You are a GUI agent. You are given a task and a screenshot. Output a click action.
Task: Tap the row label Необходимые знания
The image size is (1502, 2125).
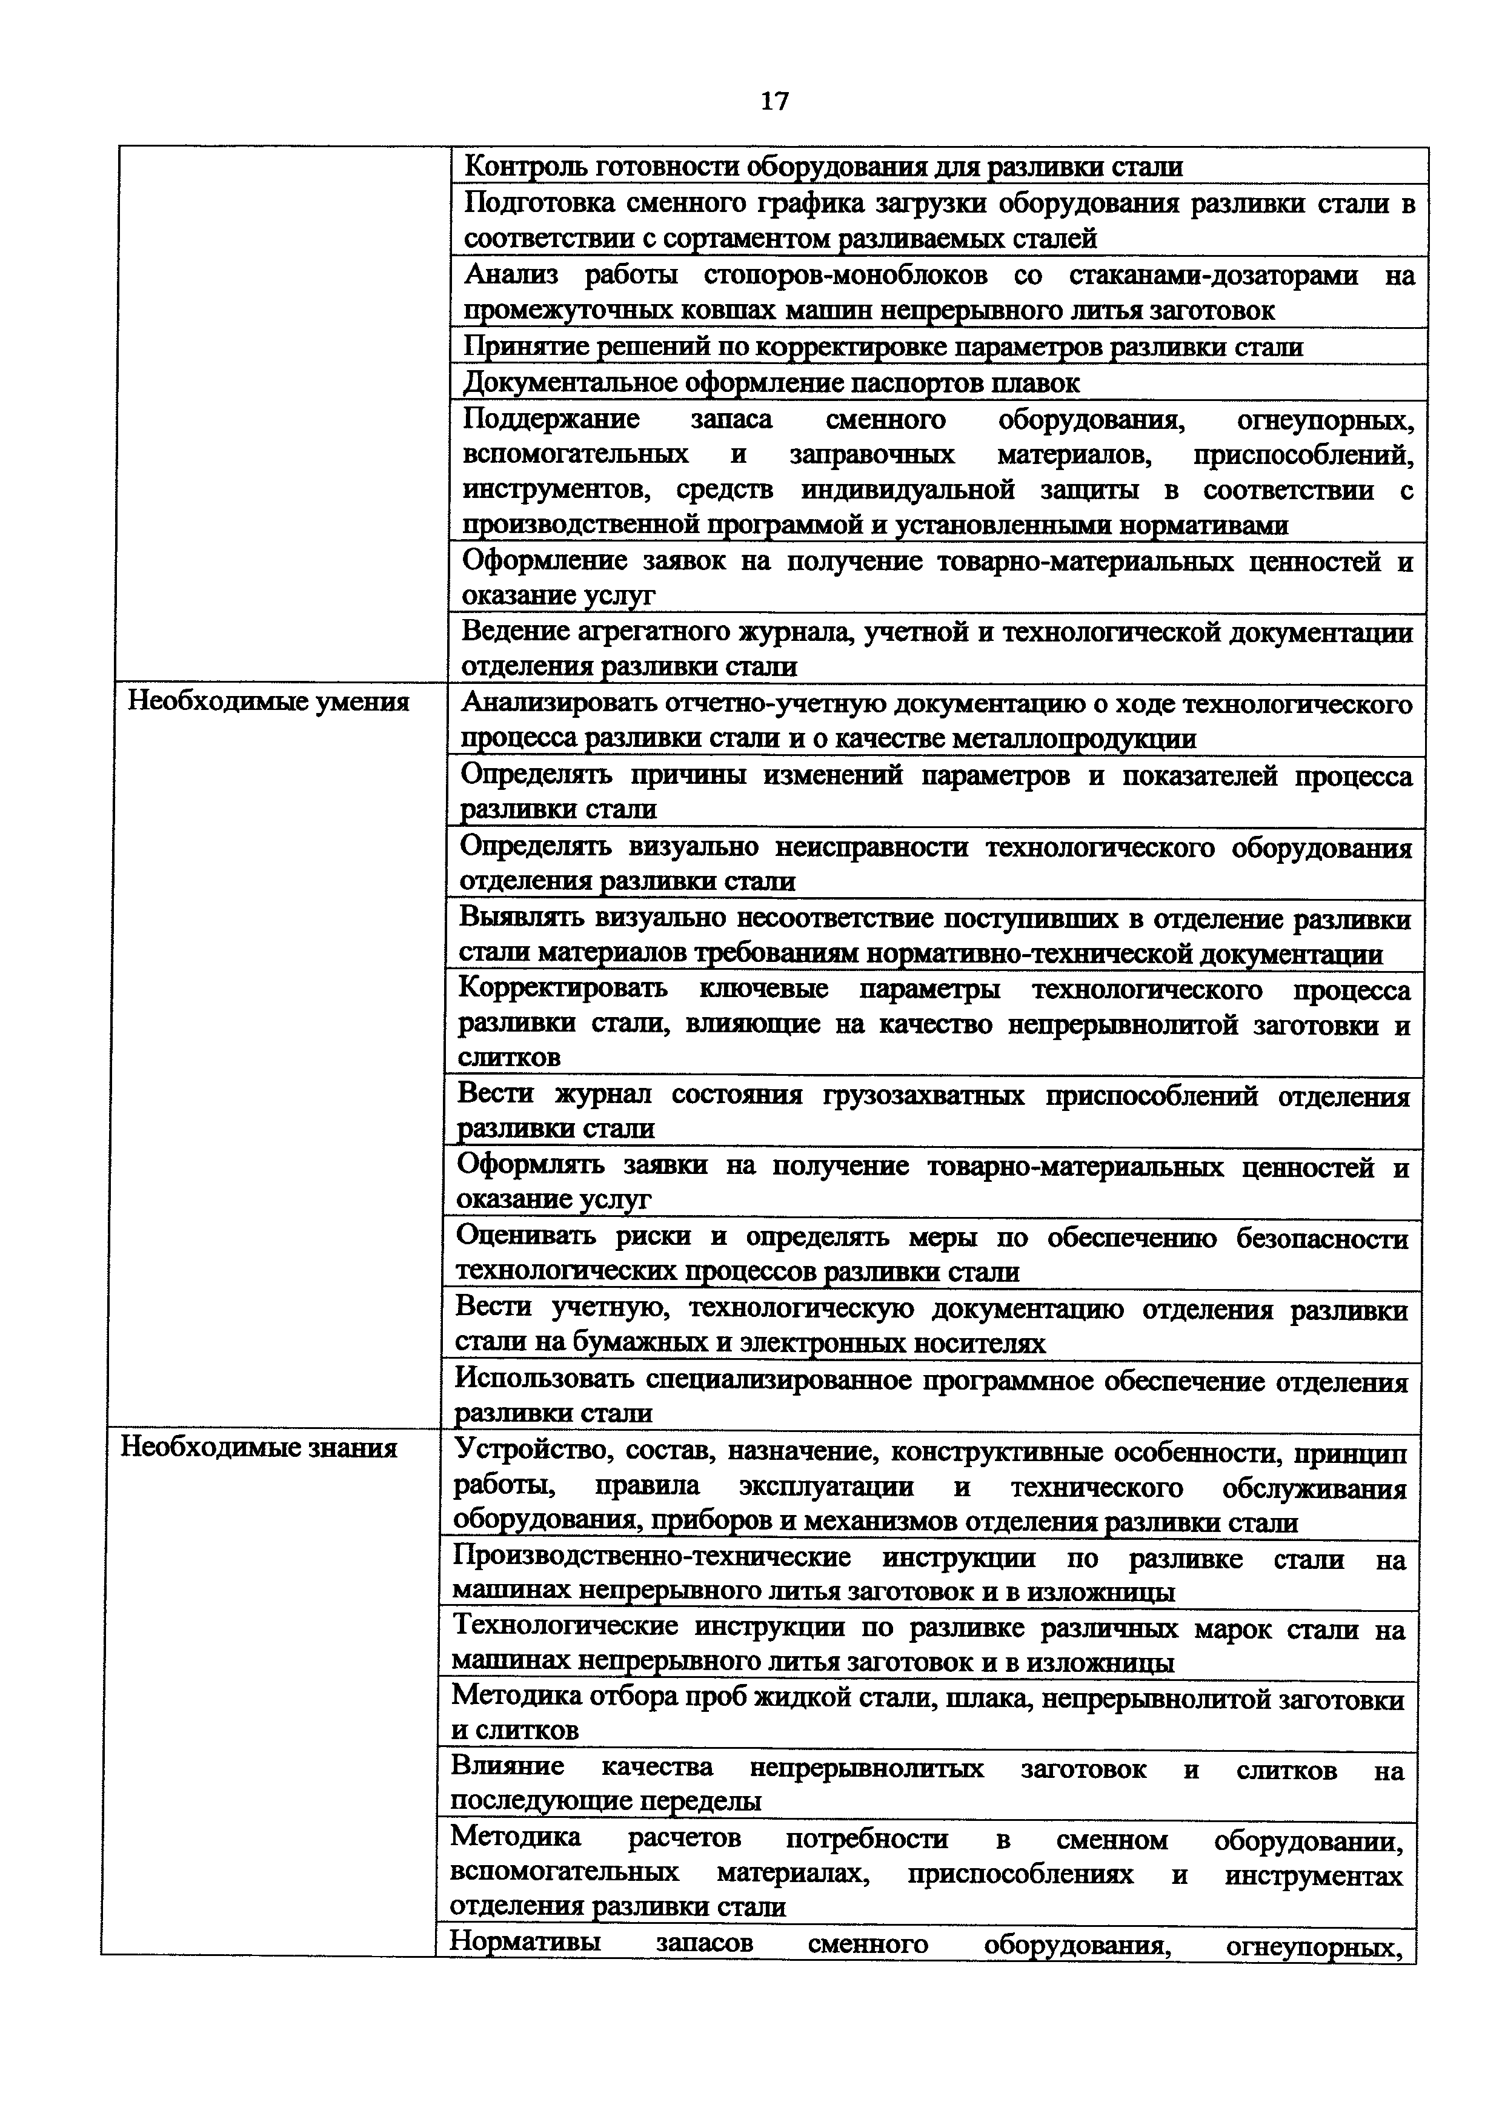[259, 1448]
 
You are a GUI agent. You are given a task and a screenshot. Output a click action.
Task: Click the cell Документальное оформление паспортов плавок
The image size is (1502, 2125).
[771, 382]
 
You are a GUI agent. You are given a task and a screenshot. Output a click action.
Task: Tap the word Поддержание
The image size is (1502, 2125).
[551, 419]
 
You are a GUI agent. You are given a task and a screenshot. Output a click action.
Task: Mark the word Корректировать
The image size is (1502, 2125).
[563, 989]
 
